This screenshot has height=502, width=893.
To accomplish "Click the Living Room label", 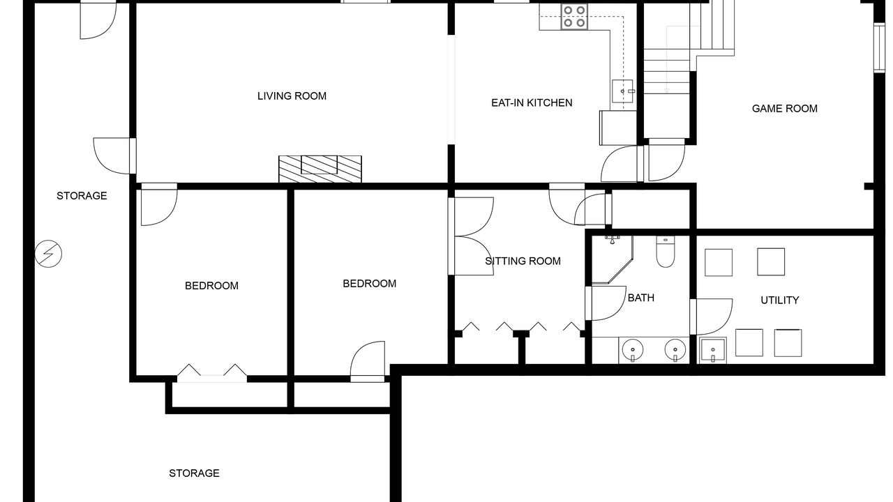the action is tap(292, 96).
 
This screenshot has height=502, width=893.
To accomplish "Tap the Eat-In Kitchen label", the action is tap(532, 102).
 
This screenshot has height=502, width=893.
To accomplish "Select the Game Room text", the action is tap(785, 108).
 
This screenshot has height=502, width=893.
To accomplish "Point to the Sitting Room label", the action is tap(523, 261).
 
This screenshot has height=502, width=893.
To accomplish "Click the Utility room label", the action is tap(780, 300).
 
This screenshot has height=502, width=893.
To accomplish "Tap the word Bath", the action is tap(641, 298).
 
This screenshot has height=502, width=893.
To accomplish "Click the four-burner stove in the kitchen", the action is tap(574, 16).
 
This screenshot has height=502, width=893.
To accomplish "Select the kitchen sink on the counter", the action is tap(622, 91).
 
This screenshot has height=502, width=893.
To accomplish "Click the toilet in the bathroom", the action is tap(666, 252).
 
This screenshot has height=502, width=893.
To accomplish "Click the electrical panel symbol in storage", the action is tap(48, 254).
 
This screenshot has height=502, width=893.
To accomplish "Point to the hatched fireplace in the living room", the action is tap(320, 169).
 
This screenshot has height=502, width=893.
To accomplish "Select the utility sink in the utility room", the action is tap(713, 351).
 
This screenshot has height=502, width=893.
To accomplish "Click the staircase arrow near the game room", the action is tap(666, 60).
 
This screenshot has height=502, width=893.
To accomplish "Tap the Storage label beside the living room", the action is tap(82, 196).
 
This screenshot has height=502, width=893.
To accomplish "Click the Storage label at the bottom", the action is tap(194, 473).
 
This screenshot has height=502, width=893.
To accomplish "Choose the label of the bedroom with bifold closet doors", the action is tap(211, 286).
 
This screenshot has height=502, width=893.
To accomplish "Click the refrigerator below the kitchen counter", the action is tap(618, 128).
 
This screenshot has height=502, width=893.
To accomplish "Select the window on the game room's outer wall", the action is tap(880, 48).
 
